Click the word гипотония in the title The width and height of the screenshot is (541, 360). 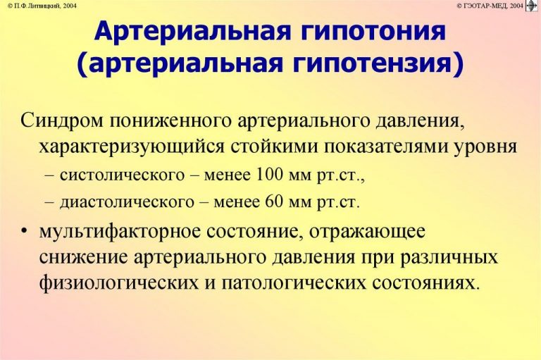click(373, 31)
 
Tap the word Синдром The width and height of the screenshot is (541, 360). click(62, 121)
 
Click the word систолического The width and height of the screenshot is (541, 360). click(122, 175)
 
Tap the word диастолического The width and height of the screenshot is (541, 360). click(127, 202)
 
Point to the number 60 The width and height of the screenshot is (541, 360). click(274, 201)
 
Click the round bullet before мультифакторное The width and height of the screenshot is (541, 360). click(24, 231)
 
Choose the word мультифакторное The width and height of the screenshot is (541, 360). click(120, 232)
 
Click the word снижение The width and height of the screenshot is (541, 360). click(83, 258)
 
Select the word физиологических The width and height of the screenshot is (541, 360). click(119, 284)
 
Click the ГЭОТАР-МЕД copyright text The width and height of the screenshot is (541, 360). click(490, 6)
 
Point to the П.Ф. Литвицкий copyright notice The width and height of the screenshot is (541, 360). click(42, 6)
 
